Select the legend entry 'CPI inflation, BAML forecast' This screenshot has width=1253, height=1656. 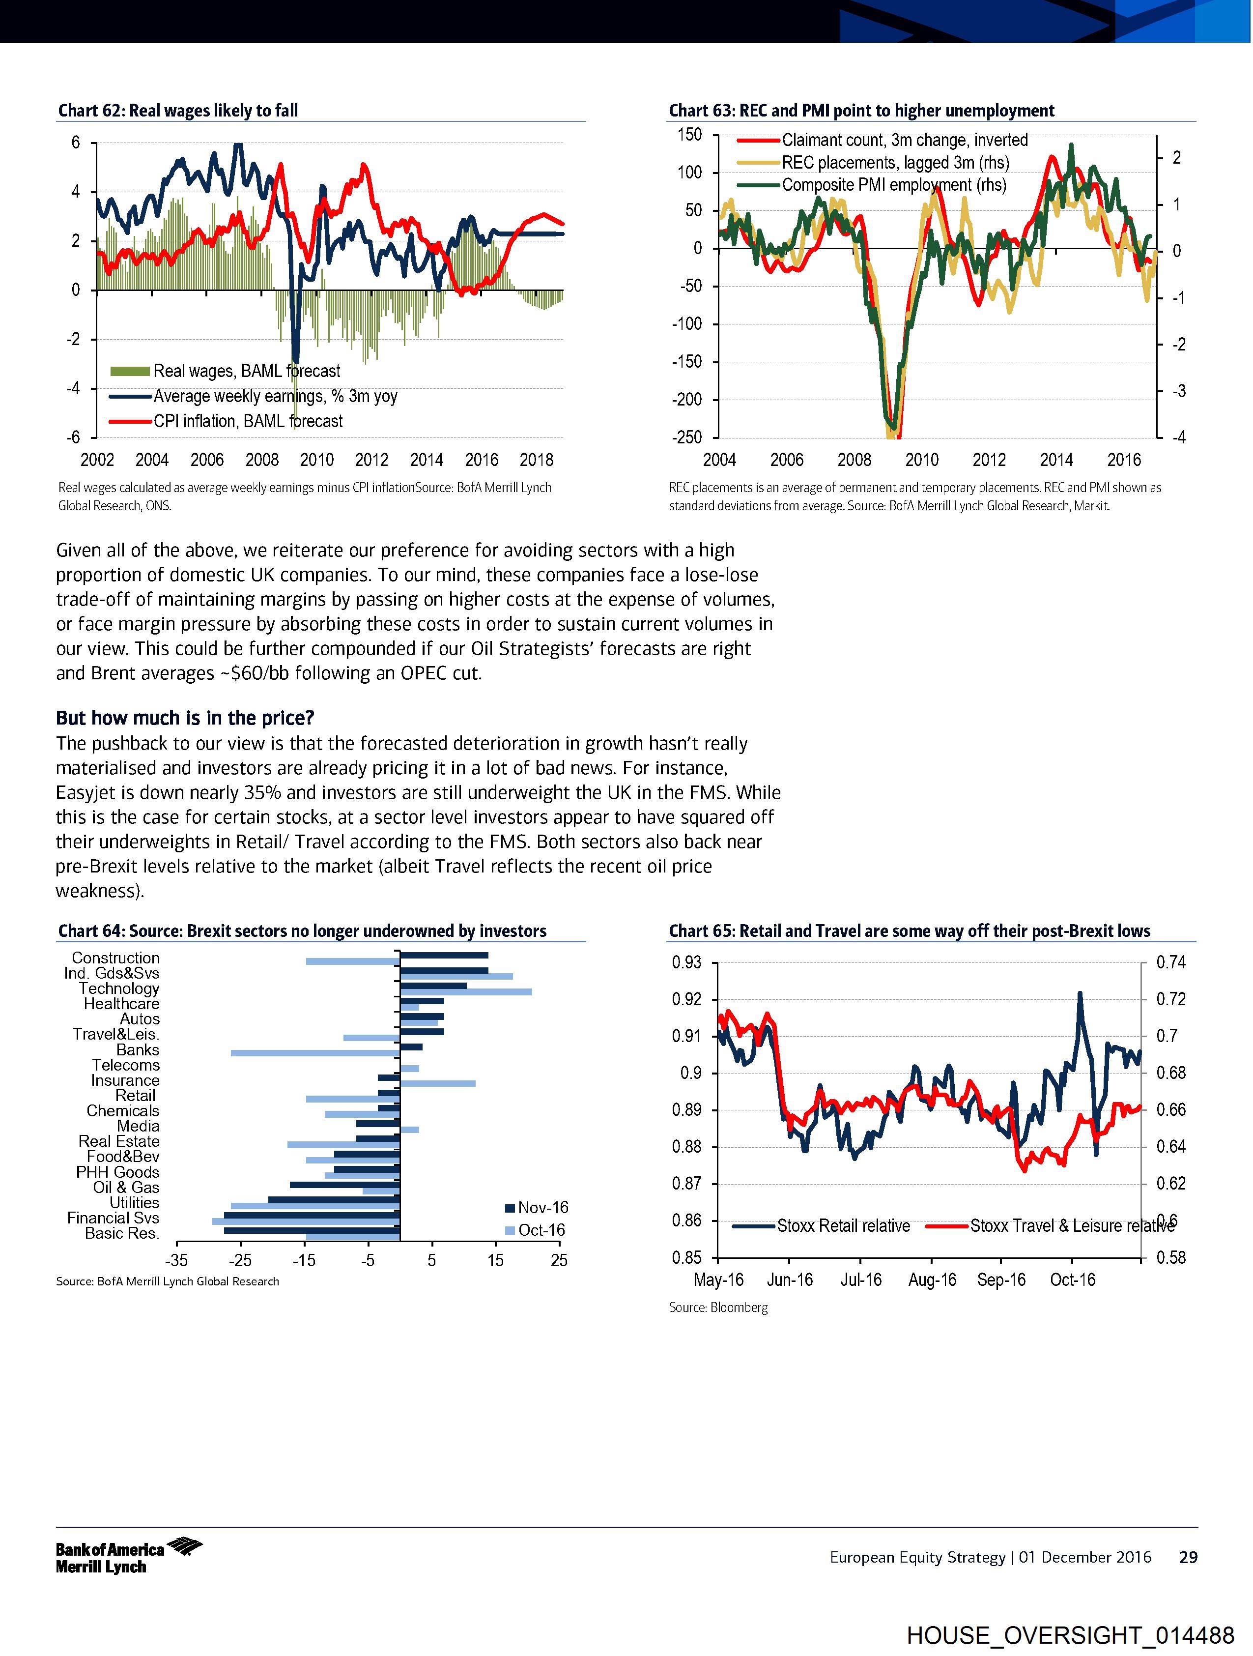(248, 421)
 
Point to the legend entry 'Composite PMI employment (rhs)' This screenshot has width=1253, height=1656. (894, 185)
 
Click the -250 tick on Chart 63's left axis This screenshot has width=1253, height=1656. (688, 437)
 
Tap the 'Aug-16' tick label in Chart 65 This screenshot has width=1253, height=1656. (932, 1279)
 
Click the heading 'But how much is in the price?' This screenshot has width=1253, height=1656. (185, 718)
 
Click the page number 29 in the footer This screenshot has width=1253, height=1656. (1188, 1558)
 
